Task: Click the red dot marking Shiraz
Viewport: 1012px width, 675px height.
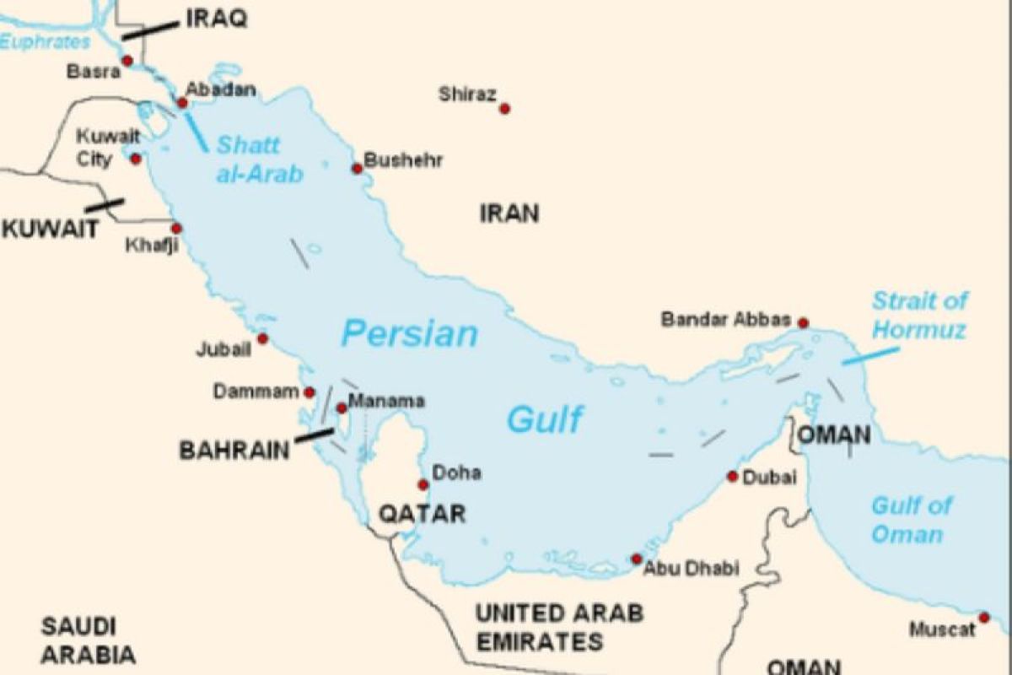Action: [x=504, y=108]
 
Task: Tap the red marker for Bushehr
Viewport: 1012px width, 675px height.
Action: [x=357, y=169]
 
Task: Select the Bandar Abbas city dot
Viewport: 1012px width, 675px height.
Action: [x=803, y=322]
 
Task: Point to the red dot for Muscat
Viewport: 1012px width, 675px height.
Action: [x=983, y=618]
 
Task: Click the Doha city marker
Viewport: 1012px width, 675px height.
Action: [x=423, y=484]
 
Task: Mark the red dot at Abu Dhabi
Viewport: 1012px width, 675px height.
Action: [x=637, y=559]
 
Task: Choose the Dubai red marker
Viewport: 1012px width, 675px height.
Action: [x=732, y=477]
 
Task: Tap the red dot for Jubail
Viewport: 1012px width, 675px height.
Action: [x=262, y=338]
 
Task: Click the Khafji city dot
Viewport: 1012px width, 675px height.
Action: [x=176, y=228]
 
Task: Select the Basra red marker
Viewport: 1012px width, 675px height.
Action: [x=127, y=60]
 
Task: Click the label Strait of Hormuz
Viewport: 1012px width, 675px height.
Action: [x=919, y=315]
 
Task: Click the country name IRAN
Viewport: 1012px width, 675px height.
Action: [x=509, y=213]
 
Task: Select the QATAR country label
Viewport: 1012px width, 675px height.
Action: [x=422, y=513]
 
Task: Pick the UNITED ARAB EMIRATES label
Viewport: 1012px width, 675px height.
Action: [x=559, y=626]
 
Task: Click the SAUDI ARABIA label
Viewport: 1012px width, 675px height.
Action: [x=89, y=640]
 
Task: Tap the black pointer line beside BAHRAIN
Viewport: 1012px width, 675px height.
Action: [x=314, y=435]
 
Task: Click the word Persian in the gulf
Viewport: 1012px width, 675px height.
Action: [x=409, y=334]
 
